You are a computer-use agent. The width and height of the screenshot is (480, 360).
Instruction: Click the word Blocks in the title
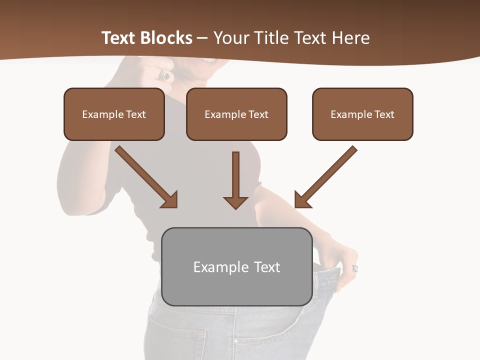pyautogui.click(x=166, y=38)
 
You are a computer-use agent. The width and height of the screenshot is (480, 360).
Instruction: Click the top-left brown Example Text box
pyautogui.click(x=114, y=114)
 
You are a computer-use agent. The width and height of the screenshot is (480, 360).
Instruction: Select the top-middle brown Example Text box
pyautogui.click(x=236, y=114)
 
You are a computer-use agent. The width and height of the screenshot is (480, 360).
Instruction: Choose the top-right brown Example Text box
pyautogui.click(x=362, y=114)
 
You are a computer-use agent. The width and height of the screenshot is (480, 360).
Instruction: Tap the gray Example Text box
pyautogui.click(x=236, y=266)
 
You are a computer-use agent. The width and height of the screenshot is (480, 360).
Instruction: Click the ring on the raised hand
pyautogui.click(x=165, y=75)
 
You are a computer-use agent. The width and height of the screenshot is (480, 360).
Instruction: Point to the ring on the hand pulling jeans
pyautogui.click(x=355, y=268)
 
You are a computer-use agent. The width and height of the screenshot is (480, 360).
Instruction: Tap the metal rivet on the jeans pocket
pyautogui.click(x=235, y=342)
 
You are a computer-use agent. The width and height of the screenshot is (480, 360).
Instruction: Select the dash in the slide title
pyautogui.click(x=202, y=38)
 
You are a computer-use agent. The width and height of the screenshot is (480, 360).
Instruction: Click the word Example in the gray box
pyautogui.click(x=214, y=267)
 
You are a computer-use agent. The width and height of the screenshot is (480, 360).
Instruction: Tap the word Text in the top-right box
pyautogui.click(x=384, y=114)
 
